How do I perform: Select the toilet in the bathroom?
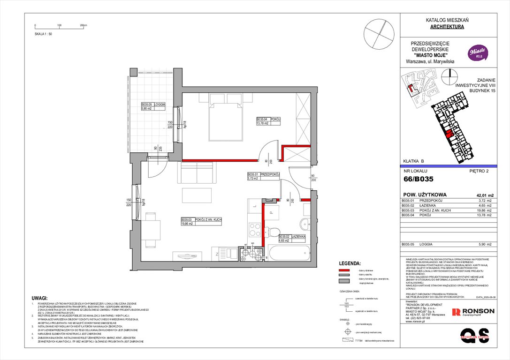point(272,231)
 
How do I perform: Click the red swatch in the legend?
point(345,271)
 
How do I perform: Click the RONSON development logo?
point(472,312)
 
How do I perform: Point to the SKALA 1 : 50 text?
point(43,34)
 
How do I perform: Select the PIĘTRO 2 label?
point(479,171)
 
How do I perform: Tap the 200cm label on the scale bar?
point(84,25)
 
